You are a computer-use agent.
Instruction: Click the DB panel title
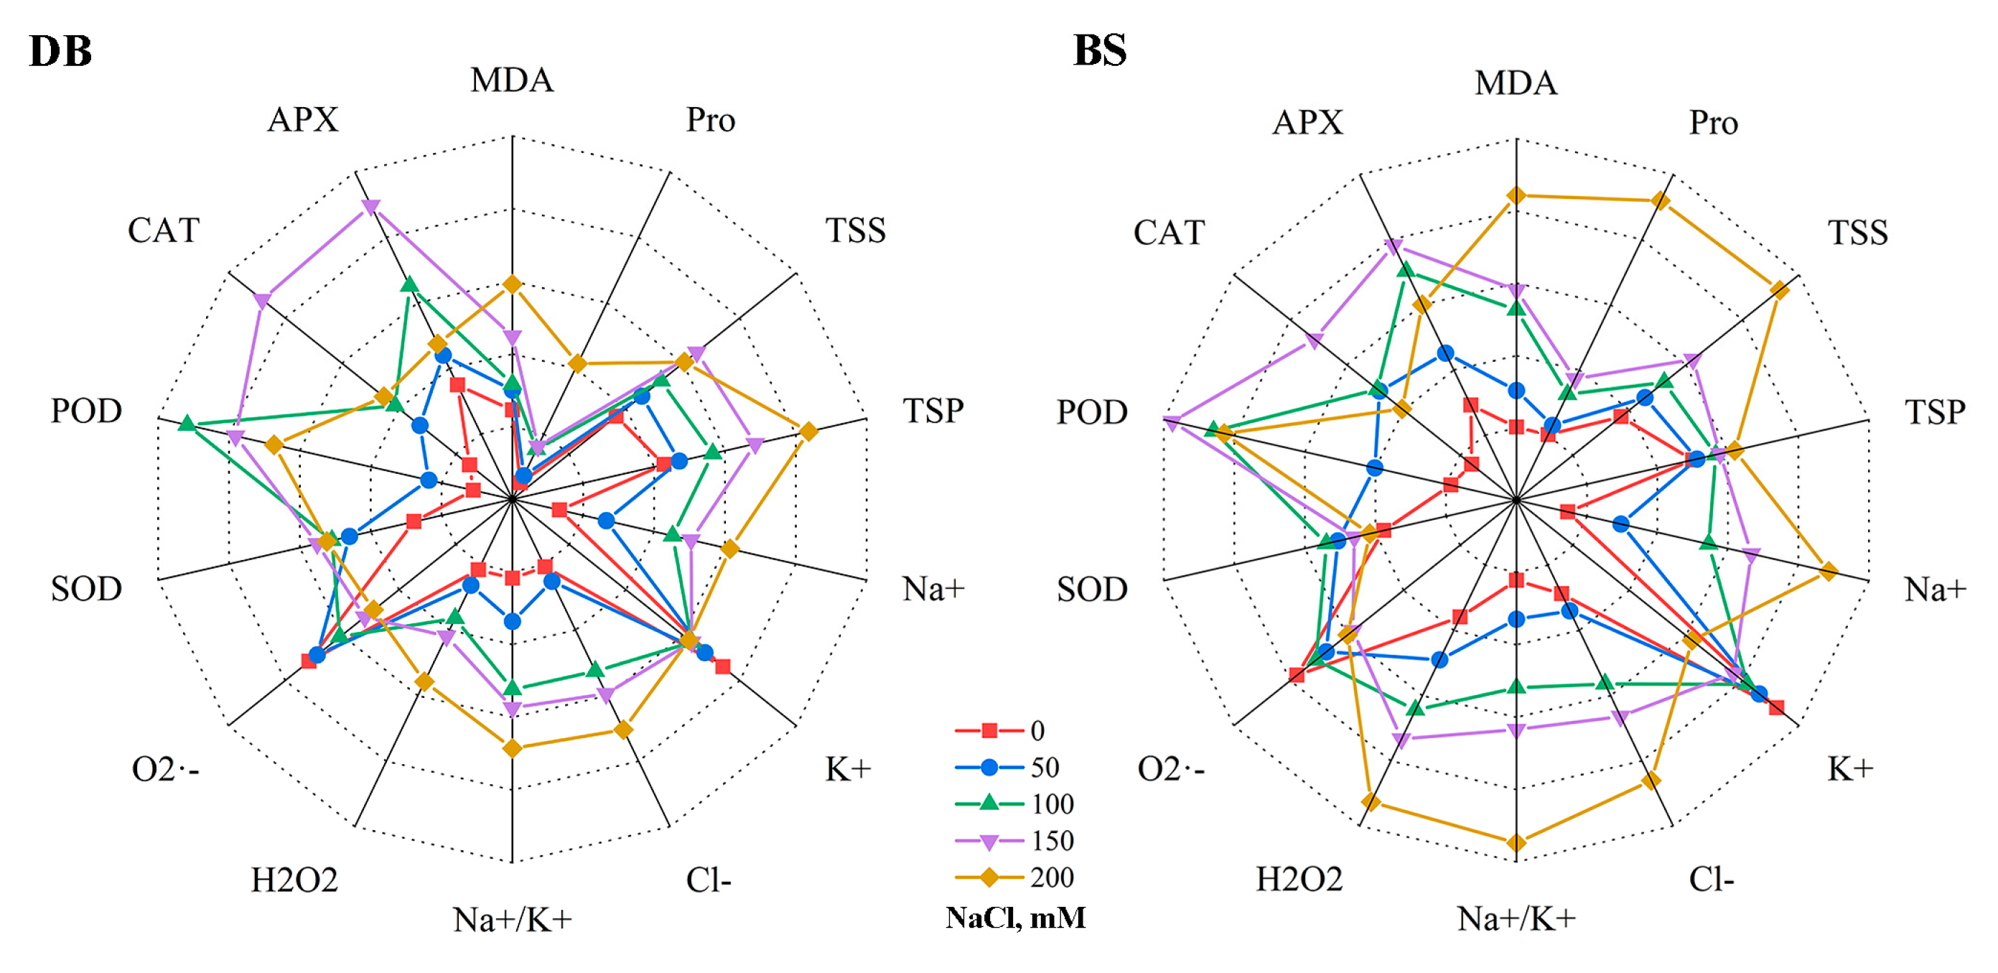point(60,51)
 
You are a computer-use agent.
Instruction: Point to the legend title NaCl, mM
point(1015,918)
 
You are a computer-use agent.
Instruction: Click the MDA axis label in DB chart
point(512,80)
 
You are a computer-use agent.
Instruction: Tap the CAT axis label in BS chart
point(1169,232)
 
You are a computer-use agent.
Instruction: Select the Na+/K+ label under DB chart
point(512,919)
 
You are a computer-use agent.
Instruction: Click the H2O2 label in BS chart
point(1299,880)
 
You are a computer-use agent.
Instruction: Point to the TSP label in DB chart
point(933,411)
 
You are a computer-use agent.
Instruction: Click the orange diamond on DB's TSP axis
point(808,432)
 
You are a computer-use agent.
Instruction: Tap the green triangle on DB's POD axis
point(186,424)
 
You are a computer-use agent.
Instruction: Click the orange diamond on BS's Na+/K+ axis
point(1516,842)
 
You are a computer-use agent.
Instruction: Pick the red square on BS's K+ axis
point(1775,707)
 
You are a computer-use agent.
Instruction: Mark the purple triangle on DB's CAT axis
point(262,300)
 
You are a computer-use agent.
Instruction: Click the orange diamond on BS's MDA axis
point(1516,196)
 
